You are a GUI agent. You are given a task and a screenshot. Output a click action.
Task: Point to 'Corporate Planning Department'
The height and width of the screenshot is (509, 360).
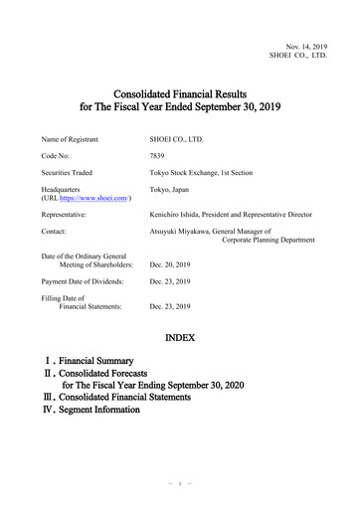[x=270, y=242]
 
